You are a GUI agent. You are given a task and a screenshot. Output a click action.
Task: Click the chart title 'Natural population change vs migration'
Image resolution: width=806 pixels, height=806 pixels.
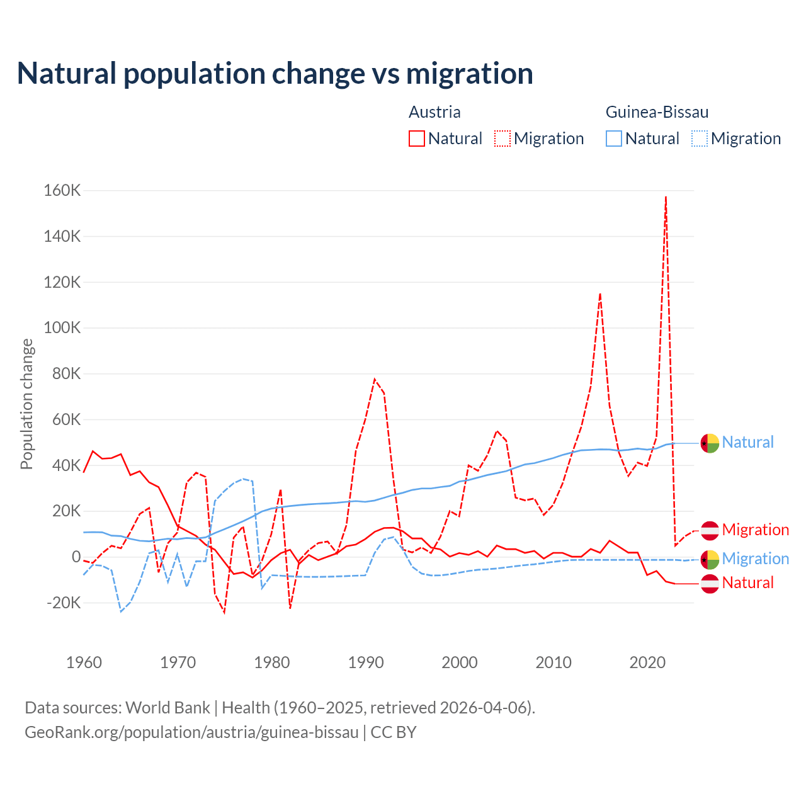275,74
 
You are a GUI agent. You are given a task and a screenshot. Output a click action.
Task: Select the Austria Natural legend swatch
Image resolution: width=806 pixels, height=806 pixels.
417,139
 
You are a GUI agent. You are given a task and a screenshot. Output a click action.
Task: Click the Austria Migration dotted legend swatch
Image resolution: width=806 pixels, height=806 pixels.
502,139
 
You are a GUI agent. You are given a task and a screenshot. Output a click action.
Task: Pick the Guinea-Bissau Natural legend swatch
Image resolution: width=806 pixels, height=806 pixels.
614,139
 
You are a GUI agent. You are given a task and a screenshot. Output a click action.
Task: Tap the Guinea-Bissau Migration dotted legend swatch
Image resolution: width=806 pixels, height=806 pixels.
700,139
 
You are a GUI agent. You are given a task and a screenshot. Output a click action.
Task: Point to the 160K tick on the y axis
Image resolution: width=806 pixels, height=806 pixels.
62,190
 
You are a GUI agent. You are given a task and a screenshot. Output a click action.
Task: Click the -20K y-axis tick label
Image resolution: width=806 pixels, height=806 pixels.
64,603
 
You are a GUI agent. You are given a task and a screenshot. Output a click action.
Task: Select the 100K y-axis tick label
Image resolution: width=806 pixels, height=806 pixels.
62,328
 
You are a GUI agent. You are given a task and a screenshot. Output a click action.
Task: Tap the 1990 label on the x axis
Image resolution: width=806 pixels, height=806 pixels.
366,662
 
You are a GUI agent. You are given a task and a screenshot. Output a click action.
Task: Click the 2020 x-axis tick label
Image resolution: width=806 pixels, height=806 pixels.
648,662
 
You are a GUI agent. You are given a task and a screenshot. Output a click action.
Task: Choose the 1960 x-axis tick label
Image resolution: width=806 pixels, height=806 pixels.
84,662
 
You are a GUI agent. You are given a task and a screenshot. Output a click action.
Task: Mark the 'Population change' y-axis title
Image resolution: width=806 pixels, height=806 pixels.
26,404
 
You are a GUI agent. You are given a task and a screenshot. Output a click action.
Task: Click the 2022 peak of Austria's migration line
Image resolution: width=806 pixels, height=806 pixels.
666,197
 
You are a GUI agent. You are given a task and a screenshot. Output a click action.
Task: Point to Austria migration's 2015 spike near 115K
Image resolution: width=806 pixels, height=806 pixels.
600,294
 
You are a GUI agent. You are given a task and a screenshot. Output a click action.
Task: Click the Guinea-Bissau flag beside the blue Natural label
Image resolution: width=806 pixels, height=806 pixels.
710,443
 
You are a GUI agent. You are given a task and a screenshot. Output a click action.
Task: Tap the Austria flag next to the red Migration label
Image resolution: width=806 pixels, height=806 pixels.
710,530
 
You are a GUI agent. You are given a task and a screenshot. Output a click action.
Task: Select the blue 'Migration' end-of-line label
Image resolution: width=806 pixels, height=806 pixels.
755,559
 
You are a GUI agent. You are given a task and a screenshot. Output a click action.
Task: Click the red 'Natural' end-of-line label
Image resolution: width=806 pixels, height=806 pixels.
747,582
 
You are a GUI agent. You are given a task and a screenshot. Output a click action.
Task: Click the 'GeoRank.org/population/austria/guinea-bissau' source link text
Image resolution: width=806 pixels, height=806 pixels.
191,732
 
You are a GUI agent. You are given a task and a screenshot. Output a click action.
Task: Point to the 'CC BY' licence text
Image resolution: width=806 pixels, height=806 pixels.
394,732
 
